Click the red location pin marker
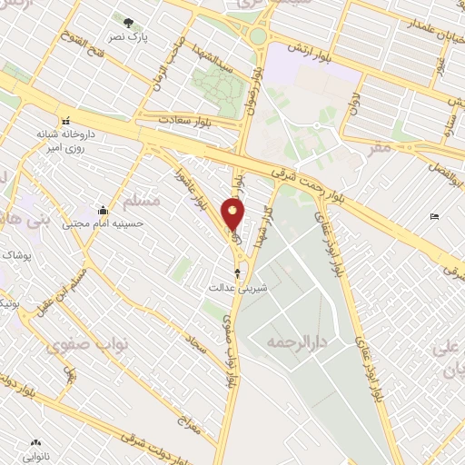(x=234, y=214)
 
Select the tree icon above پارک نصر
(x=127, y=22)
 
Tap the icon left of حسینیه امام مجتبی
(x=103, y=210)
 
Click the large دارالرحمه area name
(x=295, y=342)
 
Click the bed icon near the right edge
(x=434, y=215)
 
